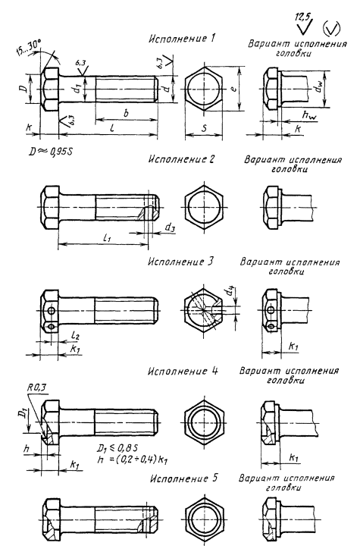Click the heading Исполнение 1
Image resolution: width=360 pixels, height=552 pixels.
[182, 39]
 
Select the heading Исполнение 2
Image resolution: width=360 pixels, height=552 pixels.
[181, 159]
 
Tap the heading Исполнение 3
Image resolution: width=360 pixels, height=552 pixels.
[180, 262]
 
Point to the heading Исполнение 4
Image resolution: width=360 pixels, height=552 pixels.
[183, 372]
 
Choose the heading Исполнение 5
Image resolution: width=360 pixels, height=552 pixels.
[183, 478]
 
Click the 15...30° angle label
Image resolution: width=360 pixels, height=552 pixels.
[29, 49]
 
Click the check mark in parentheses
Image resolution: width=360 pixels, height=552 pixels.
[331, 29]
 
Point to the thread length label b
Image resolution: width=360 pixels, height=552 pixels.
[127, 113]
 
